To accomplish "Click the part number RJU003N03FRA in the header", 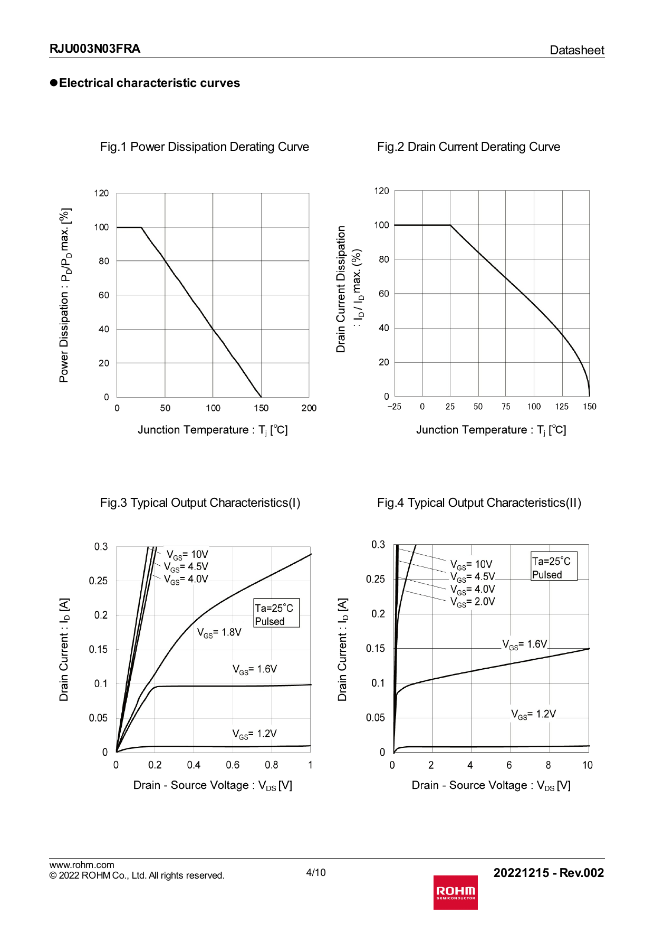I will [x=95, y=49].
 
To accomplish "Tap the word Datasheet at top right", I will [x=576, y=50].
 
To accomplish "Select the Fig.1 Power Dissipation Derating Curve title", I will [x=205, y=147].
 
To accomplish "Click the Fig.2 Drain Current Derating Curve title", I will [x=468, y=147].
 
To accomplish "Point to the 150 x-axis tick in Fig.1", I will [x=261, y=408].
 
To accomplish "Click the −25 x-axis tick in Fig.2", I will [x=394, y=407].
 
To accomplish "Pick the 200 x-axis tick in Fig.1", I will [x=309, y=408].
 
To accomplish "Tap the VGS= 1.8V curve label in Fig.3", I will [x=219, y=632].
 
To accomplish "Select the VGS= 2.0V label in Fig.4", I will [x=473, y=602].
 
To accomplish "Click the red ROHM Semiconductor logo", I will [x=456, y=892].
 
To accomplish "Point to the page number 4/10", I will [x=316, y=872].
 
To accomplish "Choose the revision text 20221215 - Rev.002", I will [x=549, y=873].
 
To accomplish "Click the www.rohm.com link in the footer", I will [x=82, y=865].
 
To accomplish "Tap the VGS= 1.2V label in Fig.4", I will [x=533, y=714].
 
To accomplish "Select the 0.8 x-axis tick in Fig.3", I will [x=272, y=765].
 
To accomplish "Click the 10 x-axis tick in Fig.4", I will [x=587, y=765].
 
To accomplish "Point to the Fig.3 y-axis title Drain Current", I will [x=64, y=650].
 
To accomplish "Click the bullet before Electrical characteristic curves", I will [x=53, y=83].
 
